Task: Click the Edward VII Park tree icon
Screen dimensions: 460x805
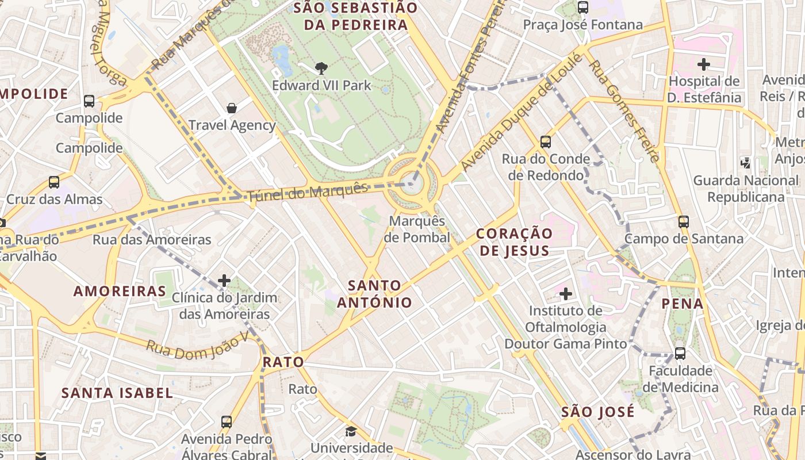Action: [x=321, y=68]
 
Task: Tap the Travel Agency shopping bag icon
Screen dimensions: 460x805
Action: [x=232, y=108]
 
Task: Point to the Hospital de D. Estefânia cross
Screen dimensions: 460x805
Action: [x=703, y=64]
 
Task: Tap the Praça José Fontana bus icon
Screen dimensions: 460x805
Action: [x=582, y=8]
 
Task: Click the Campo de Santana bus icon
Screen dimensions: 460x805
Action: [x=683, y=221]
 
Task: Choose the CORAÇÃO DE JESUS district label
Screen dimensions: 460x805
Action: [x=515, y=242]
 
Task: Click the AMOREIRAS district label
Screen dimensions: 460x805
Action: [x=120, y=291]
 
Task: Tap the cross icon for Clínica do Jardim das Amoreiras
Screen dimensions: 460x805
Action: [x=224, y=281]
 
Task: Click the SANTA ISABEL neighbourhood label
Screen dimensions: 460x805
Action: [x=117, y=393]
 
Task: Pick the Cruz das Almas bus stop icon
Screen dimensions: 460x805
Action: [x=53, y=182]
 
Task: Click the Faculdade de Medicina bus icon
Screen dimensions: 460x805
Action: [x=680, y=354]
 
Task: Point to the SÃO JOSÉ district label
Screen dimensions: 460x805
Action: [x=598, y=412]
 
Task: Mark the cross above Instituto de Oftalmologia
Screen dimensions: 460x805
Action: [x=566, y=294]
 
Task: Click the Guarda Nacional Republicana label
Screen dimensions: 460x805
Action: [x=746, y=189]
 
